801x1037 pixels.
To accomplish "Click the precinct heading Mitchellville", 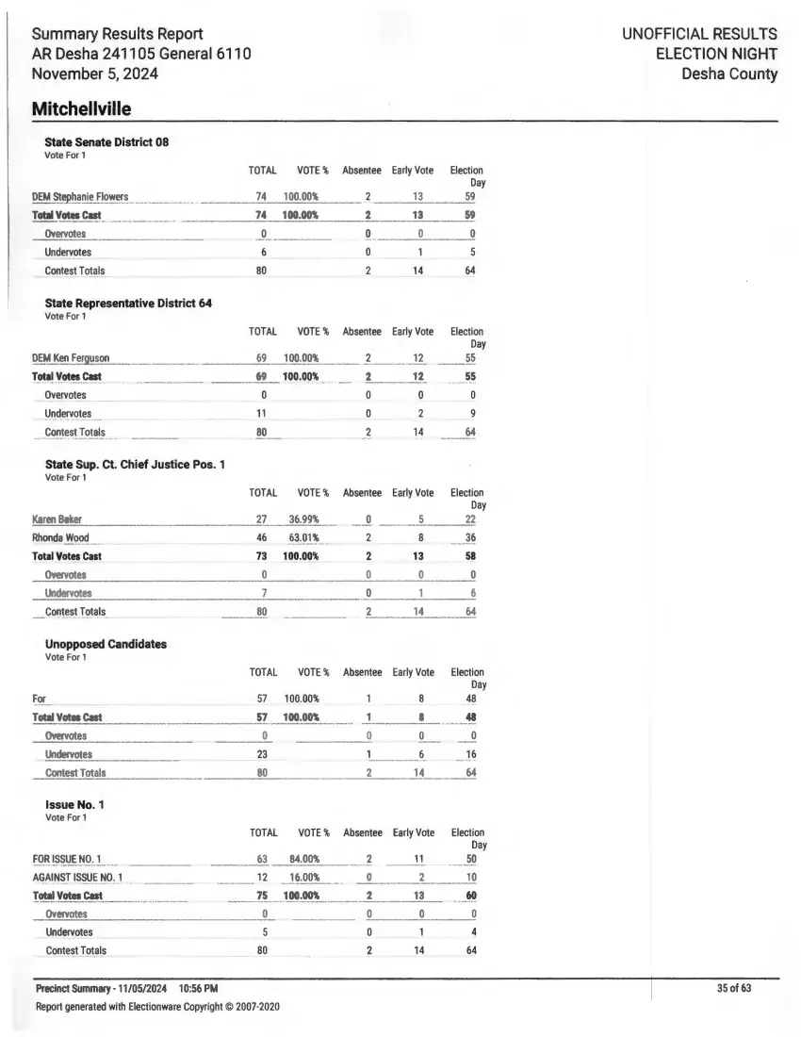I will point(81,109).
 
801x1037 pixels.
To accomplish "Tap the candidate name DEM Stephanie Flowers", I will point(80,197).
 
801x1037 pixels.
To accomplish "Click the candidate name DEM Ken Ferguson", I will point(71,358).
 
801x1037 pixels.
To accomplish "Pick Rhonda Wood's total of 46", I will point(262,538).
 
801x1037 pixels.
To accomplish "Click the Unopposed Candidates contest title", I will point(106,644).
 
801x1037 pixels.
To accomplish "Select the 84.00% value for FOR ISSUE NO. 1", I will point(303,859).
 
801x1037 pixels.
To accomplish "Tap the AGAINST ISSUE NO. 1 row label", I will point(77,878).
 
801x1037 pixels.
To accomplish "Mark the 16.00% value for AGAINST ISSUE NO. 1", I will point(303,878).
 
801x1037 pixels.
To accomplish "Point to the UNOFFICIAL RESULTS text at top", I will point(699,34).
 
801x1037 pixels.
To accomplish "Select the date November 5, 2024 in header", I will point(94,74).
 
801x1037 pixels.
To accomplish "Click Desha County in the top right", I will point(730,74).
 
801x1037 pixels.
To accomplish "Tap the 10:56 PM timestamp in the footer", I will point(198,989).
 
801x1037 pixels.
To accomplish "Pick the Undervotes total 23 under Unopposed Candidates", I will point(263,754).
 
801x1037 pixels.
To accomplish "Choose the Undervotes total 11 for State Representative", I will point(262,414).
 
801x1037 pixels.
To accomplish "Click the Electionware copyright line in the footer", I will point(157,1007).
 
